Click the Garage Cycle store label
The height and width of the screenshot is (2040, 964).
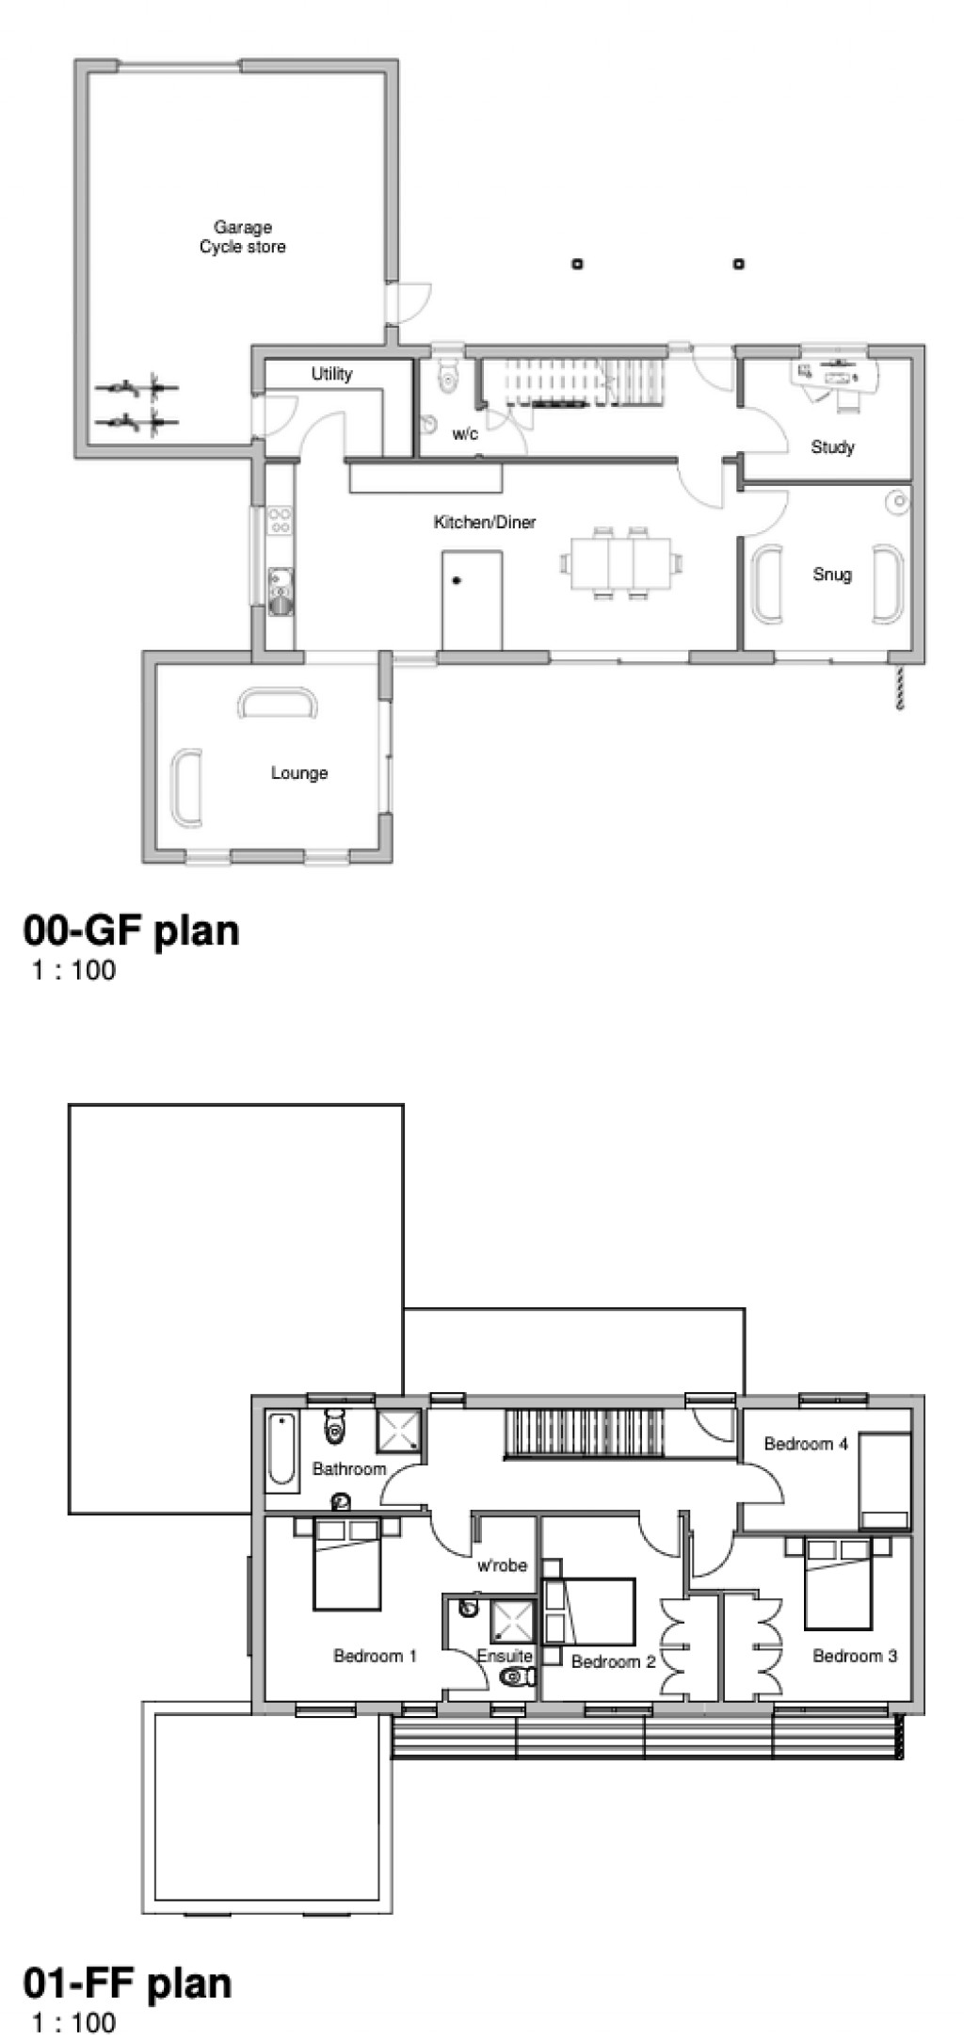tap(242, 237)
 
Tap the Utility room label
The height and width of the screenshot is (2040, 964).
tap(331, 374)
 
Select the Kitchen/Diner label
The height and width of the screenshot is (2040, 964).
tap(484, 522)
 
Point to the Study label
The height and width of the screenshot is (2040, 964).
tap(832, 446)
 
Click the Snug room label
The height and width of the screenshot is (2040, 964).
tap(832, 574)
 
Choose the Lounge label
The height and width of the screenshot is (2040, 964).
tap(299, 773)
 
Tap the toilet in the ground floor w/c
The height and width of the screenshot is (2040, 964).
tap(449, 374)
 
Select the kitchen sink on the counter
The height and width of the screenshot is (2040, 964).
tap(281, 591)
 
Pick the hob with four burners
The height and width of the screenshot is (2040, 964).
tap(280, 521)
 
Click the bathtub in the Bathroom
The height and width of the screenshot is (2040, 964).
tap(281, 1451)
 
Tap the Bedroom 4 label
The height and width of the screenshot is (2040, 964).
tap(806, 1443)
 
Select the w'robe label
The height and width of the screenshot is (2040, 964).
tap(502, 1565)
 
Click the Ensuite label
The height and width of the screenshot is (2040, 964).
tap(505, 1656)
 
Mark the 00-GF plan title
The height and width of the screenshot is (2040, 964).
tap(131, 931)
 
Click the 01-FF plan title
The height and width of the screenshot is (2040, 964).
tap(127, 1983)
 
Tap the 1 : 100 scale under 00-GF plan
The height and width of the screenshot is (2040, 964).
tap(73, 970)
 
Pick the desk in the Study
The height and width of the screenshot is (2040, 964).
tap(836, 375)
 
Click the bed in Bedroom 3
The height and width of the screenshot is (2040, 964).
tap(838, 1582)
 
